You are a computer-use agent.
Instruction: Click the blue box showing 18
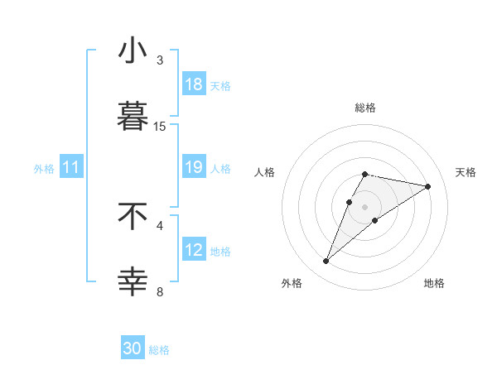194,84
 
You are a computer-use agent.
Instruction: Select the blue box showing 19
194,167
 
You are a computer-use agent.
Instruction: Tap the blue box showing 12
194,250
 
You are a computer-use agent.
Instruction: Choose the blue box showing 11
71,167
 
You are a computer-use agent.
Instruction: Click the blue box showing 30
133,348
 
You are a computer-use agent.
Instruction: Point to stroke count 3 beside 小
160,60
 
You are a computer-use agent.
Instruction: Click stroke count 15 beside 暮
160,126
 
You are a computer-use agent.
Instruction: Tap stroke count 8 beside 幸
160,291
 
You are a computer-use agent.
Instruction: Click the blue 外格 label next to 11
44,168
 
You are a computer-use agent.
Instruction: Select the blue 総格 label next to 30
159,350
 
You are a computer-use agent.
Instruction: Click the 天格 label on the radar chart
466,172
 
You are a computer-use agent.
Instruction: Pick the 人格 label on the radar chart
265,172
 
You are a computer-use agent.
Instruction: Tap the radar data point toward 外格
326,262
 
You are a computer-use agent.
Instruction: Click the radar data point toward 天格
427,186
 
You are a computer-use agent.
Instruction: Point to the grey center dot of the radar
364,207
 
